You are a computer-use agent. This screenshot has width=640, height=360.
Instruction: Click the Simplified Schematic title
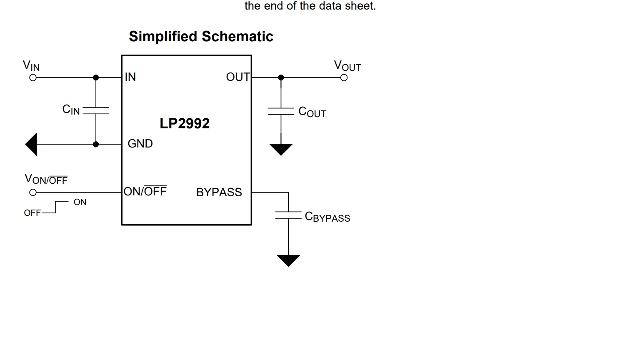(201, 37)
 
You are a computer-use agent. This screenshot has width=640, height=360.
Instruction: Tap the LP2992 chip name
(185, 123)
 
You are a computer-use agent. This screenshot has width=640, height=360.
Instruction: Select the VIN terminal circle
(33, 77)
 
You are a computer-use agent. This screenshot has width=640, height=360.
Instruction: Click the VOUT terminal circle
(344, 77)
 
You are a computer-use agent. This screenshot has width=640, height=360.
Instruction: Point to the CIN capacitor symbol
(96, 110)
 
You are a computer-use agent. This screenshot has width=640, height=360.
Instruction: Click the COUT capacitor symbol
(281, 111)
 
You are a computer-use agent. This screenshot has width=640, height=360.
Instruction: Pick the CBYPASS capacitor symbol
(288, 215)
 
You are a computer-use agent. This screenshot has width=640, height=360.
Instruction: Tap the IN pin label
(130, 77)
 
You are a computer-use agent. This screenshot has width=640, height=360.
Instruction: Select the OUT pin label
(237, 77)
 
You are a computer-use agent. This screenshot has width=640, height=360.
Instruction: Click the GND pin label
(140, 144)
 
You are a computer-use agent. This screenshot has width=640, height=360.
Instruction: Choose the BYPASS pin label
(219, 192)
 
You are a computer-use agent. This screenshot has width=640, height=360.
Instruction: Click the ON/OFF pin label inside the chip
(145, 191)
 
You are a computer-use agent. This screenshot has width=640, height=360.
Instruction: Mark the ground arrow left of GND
(32, 144)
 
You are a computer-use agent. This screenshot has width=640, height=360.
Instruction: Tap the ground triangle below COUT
(281, 149)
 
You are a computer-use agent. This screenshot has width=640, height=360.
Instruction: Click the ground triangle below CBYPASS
(288, 260)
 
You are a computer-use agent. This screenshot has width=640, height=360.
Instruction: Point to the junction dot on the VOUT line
(281, 77)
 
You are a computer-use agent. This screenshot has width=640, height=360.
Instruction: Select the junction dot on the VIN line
(96, 77)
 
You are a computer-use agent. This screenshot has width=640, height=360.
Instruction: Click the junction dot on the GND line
(96, 144)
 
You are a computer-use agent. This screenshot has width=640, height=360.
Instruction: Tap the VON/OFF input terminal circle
(33, 192)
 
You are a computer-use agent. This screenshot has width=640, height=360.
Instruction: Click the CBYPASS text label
(327, 217)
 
